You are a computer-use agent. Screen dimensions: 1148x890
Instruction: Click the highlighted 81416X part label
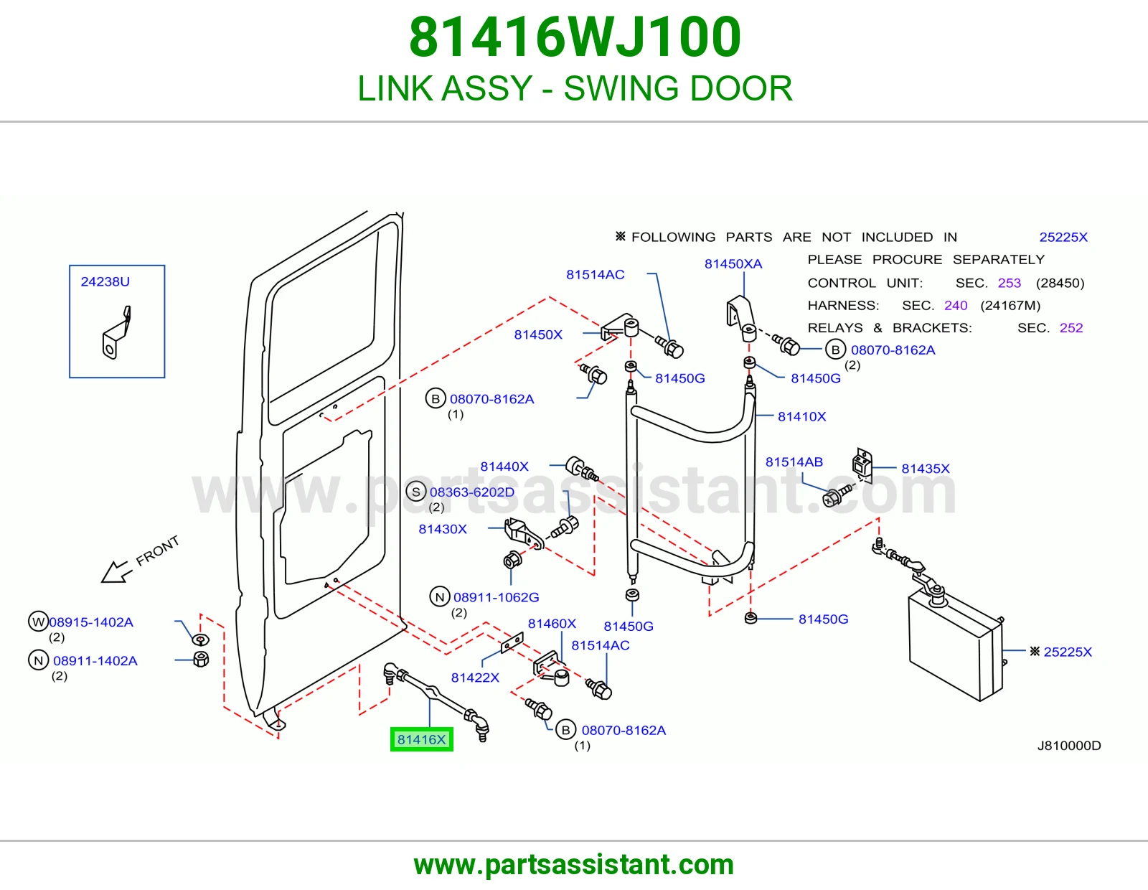click(x=422, y=739)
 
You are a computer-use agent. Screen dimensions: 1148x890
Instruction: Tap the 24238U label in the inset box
click(x=105, y=281)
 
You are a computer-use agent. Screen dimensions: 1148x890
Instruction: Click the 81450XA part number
click(x=733, y=263)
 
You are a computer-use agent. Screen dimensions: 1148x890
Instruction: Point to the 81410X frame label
click(x=801, y=416)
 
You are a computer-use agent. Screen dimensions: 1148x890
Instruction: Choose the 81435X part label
click(x=925, y=468)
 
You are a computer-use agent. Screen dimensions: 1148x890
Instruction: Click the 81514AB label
click(x=794, y=462)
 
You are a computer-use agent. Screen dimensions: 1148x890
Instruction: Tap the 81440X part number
click(x=504, y=466)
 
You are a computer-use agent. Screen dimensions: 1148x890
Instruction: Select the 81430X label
click(x=443, y=529)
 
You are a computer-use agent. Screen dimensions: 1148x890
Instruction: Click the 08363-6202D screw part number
click(x=472, y=492)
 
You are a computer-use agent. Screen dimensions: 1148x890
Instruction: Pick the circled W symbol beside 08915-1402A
click(x=38, y=622)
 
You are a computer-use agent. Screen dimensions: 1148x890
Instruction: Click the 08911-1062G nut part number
click(x=496, y=597)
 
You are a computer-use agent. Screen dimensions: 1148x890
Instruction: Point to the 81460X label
click(x=552, y=624)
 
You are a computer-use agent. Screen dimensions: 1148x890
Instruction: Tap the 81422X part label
click(x=475, y=678)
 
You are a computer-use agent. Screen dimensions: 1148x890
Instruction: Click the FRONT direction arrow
click(x=116, y=571)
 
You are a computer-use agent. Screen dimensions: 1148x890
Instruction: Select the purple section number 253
click(x=1009, y=283)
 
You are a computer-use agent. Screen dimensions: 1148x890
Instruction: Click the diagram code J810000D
click(x=1069, y=746)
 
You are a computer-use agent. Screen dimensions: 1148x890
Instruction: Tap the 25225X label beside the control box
click(x=1067, y=652)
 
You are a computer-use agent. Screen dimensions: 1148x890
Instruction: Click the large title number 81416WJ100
click(x=575, y=37)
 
